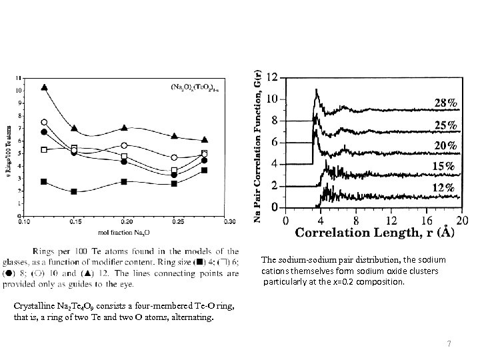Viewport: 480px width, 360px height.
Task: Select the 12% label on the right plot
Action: (446, 189)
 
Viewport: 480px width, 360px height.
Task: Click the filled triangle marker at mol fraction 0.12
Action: (44, 87)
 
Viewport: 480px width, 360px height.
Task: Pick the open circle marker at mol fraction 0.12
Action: (44, 122)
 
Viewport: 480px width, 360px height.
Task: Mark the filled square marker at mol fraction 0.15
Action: (75, 191)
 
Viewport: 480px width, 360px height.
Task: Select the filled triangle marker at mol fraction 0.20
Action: (125, 128)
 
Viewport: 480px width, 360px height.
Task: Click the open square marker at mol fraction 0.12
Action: (44, 150)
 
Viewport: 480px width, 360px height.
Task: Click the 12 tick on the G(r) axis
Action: (272, 78)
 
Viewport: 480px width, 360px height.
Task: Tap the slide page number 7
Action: (449, 344)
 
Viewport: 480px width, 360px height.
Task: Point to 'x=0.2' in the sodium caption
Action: (349, 282)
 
